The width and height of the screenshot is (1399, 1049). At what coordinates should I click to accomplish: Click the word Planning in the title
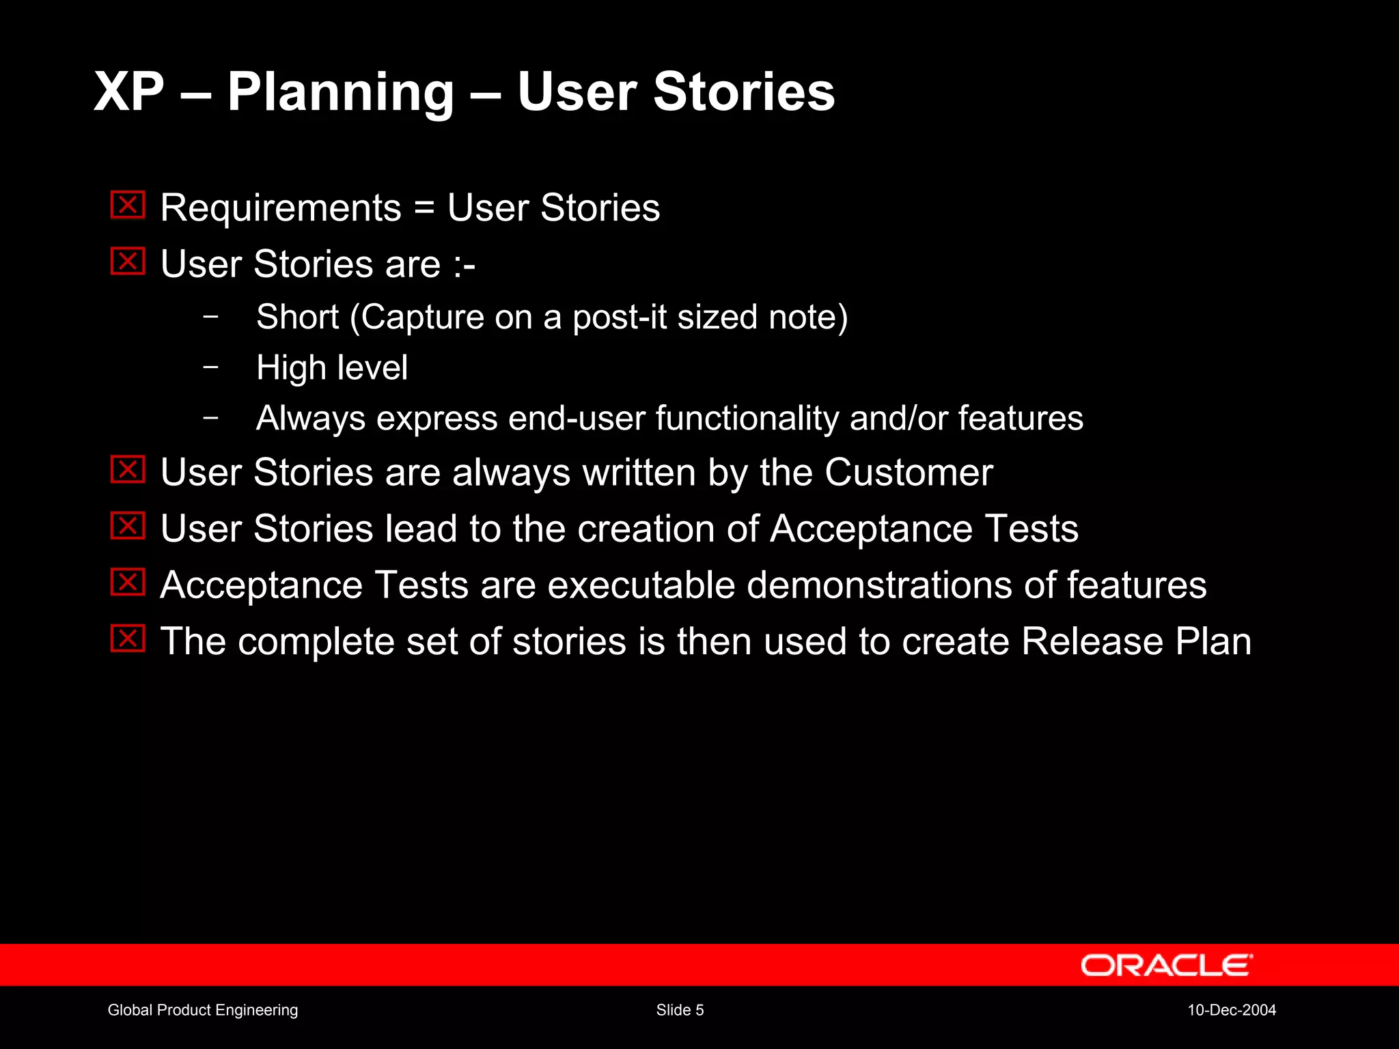click(x=340, y=93)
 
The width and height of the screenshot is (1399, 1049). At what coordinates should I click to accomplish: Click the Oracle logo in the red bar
click(x=1166, y=965)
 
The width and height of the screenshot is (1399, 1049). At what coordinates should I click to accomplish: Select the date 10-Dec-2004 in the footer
click(x=1231, y=1010)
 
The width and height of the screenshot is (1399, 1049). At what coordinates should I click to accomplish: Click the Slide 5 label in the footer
click(x=680, y=1010)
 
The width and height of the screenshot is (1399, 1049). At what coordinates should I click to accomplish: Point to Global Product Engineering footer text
click(x=203, y=1010)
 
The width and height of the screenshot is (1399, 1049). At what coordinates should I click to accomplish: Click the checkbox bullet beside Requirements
click(x=128, y=205)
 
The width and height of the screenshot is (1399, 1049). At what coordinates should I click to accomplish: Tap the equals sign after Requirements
click(x=424, y=207)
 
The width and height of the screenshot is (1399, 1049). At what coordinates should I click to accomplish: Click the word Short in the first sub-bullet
click(x=297, y=317)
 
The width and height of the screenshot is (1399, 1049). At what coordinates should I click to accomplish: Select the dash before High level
click(x=211, y=367)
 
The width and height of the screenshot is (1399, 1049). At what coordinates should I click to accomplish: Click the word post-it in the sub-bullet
click(x=619, y=317)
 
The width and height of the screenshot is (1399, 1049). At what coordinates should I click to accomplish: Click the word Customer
click(x=909, y=472)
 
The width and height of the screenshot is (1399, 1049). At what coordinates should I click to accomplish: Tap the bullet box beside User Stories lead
click(x=128, y=525)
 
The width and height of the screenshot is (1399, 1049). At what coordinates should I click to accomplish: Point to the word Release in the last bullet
click(x=1092, y=641)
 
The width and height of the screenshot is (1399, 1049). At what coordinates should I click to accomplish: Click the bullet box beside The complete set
click(x=128, y=639)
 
